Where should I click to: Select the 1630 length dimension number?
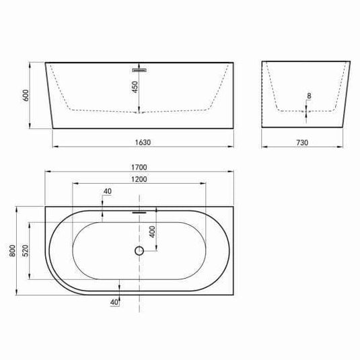pyautogui.click(x=141, y=142)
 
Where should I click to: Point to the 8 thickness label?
pyautogui.click(x=309, y=96)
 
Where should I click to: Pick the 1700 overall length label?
pyautogui.click(x=139, y=168)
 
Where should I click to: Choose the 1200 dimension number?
pyautogui.click(x=139, y=179)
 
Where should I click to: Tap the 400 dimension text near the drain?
pyautogui.click(x=153, y=231)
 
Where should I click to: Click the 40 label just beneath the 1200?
pyautogui.click(x=107, y=192)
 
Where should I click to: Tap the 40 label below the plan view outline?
pyautogui.click(x=114, y=302)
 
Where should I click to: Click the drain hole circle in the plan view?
pyautogui.click(x=139, y=251)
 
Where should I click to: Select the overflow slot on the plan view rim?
pyautogui.click(x=139, y=211)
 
